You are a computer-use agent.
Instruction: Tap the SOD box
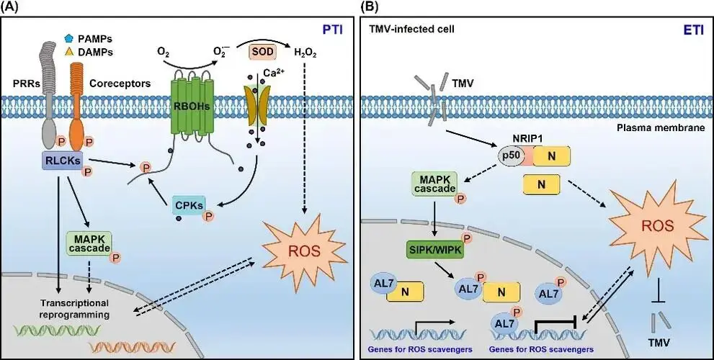point(260,52)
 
